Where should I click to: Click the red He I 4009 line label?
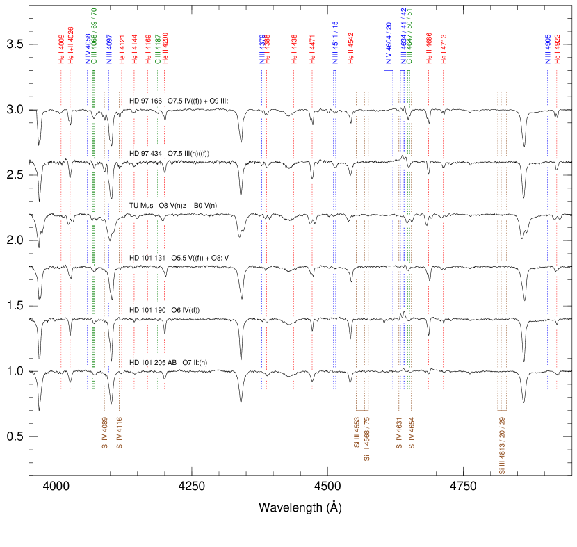pos(61,49)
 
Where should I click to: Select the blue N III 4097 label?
pos(109,49)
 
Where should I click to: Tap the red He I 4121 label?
pos(122,49)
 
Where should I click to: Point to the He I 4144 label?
pos(135,49)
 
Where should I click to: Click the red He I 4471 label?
pos(312,49)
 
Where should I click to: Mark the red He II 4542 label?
pos(350,49)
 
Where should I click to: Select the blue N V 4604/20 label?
pos(389,43)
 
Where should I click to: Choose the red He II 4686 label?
pos(429,49)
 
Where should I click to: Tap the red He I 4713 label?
pos(444,49)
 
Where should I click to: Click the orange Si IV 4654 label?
pos(412,433)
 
